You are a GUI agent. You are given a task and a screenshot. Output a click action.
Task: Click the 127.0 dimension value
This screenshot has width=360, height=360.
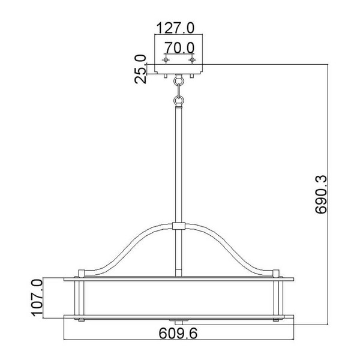coord(175,28)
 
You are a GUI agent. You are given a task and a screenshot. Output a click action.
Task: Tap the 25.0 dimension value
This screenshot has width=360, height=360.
coord(140,69)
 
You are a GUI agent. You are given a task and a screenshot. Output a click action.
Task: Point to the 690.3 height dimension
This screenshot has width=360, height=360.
coord(320,194)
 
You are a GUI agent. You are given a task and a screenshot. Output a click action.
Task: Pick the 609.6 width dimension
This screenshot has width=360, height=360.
coord(178,333)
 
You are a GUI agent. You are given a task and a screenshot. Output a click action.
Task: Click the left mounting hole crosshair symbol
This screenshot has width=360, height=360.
coord(166,60)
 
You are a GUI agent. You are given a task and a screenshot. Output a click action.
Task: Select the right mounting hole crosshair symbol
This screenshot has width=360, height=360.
coord(192,60)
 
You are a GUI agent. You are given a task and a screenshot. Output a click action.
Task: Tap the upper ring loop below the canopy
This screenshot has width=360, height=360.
coord(179,81)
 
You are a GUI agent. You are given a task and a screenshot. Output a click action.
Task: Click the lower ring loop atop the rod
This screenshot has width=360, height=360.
coord(179,100)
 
